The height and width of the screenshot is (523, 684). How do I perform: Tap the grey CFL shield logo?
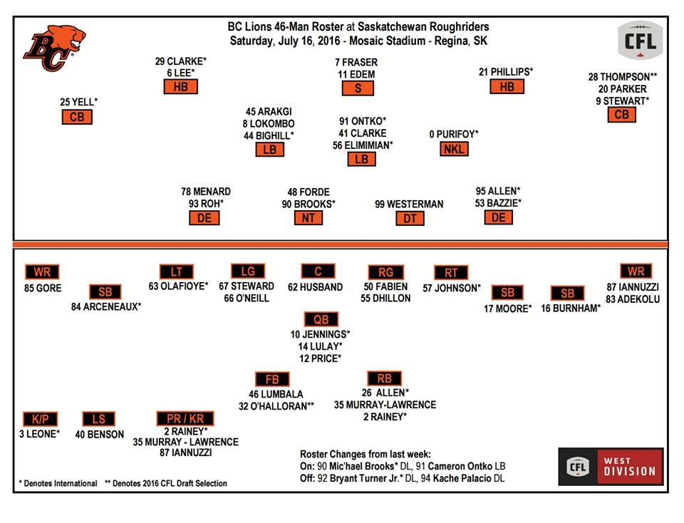[640, 40]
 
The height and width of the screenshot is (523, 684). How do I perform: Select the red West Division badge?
[611, 467]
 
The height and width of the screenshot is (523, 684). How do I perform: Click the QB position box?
[321, 319]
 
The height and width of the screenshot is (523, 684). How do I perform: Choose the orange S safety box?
[357, 88]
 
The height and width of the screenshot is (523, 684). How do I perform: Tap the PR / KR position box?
[185, 418]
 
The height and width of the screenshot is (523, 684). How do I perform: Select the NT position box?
[308, 218]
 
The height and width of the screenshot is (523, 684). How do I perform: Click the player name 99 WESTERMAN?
[409, 204]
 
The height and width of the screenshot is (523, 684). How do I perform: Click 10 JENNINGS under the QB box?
[321, 333]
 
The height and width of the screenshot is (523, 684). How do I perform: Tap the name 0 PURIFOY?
[453, 133]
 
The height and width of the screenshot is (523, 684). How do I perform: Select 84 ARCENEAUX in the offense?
[105, 307]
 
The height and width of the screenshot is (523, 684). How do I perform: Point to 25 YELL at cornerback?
[78, 102]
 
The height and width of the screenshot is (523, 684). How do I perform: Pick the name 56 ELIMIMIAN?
[362, 145]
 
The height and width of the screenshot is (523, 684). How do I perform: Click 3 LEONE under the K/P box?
[39, 434]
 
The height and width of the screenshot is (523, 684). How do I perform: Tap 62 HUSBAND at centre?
[315, 287]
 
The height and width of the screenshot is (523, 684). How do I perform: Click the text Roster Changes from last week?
[361, 454]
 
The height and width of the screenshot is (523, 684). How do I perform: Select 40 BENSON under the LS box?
[99, 434]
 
